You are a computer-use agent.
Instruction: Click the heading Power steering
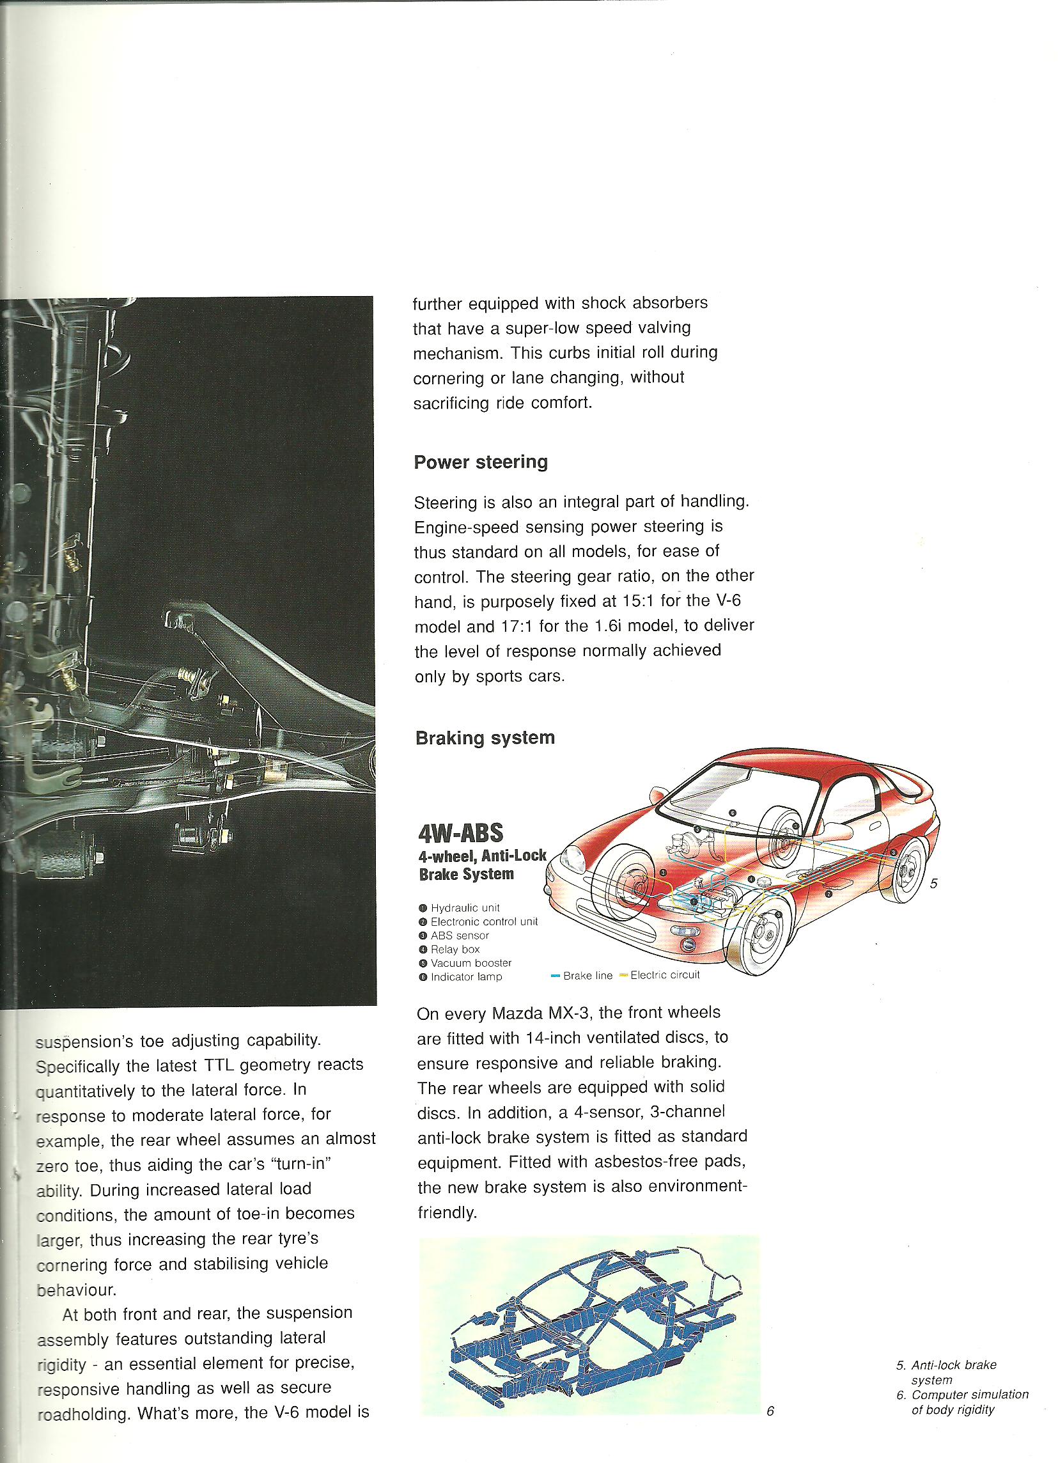[480, 462]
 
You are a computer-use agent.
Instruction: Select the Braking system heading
[485, 737]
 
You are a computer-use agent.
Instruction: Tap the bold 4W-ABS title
[460, 833]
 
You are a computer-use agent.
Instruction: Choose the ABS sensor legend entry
[459, 935]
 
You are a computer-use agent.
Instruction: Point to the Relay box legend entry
[455, 949]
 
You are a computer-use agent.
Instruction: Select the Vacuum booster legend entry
[471, 962]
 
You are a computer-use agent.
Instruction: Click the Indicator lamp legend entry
[465, 976]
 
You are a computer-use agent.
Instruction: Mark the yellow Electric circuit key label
[664, 974]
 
